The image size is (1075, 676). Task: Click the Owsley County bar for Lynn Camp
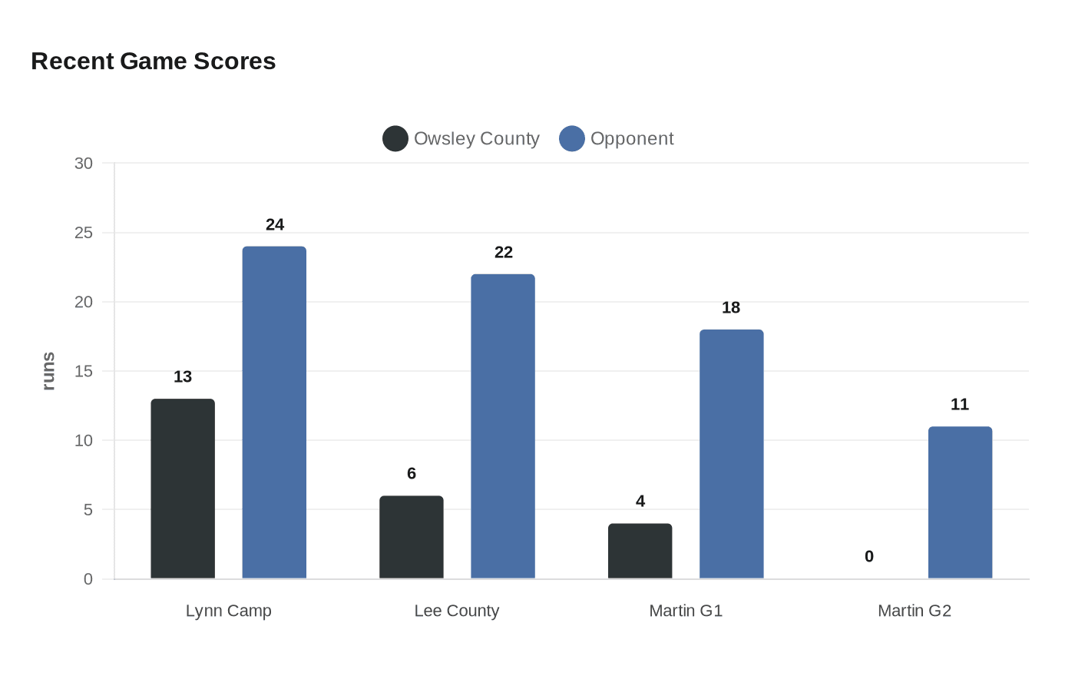coord(183,489)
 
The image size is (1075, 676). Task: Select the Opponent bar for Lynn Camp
coord(274,413)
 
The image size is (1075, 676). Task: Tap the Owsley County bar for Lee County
coord(412,537)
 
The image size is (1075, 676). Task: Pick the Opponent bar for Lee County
coord(503,426)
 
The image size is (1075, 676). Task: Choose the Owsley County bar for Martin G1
coord(640,552)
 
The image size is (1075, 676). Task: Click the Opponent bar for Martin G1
coord(731,454)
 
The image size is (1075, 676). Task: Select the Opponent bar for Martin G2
coord(961,502)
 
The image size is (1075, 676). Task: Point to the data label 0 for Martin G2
coord(869,556)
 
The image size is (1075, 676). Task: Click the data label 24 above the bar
coord(275,224)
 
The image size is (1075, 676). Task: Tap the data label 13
coord(183,376)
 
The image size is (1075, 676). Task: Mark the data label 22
coord(504,252)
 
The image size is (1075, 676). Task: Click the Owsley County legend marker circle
coord(395,139)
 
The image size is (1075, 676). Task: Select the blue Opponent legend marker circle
coord(572,139)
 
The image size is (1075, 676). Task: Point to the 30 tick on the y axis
coord(84,163)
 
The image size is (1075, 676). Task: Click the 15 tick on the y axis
coord(84,371)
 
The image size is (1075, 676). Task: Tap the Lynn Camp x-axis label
coord(229,611)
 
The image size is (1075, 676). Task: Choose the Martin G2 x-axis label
coord(915,611)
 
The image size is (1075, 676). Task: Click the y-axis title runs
coord(48,371)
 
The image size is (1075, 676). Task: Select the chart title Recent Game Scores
coord(154,61)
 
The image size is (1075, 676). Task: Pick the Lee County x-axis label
coord(457,611)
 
